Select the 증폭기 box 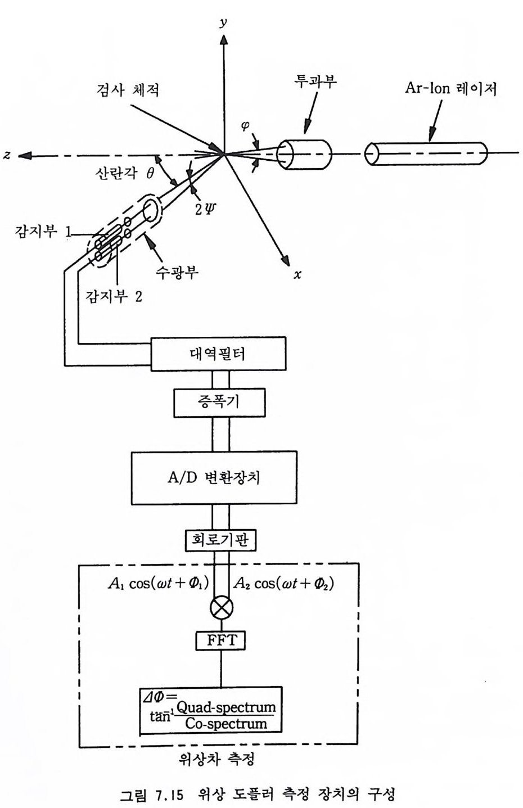219,401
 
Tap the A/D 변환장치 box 214,477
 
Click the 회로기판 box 220,540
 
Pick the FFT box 220,640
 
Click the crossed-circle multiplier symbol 220,607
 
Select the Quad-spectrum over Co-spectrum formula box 210,710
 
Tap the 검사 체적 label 127,89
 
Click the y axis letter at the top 223,22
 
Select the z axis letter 7,155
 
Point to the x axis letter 297,274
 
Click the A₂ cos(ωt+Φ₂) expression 283,583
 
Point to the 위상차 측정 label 217,760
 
